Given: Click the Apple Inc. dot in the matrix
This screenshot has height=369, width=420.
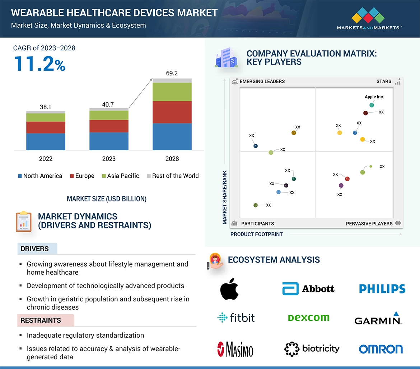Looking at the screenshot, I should click(372, 105).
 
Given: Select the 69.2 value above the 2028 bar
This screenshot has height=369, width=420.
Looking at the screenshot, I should click(172, 73).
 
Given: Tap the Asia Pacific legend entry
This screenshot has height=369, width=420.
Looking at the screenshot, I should click(121, 176).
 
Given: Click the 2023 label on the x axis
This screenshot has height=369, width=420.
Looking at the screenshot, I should click(109, 159).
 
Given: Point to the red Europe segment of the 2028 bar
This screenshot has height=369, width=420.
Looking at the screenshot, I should click(172, 112).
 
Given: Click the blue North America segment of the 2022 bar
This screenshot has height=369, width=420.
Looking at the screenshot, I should click(46, 141).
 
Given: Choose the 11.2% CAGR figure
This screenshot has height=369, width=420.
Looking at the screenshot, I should click(39, 63).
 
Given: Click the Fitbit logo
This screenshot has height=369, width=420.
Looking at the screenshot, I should click(236, 318).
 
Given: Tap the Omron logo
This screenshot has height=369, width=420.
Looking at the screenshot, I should click(381, 349).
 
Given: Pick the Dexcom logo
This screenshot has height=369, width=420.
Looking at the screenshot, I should click(308, 318).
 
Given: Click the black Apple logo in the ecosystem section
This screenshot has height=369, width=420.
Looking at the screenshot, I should click(229, 289).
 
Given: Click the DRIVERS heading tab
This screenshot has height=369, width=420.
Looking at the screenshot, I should click(35, 249).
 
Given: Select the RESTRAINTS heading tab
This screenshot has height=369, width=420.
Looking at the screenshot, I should click(41, 320).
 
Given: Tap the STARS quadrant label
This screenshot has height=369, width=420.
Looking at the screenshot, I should click(384, 81).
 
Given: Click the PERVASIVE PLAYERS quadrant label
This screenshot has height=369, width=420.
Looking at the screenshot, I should click(369, 224).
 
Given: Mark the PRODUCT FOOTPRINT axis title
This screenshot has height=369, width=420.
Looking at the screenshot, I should click(256, 234).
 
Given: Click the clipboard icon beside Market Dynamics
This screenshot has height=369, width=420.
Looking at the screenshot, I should click(24, 221).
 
